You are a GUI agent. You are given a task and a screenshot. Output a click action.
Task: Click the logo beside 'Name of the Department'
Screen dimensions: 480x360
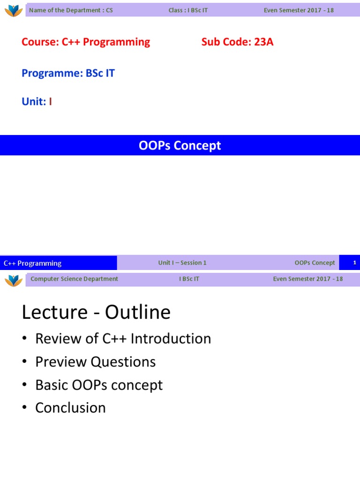tap(14, 10)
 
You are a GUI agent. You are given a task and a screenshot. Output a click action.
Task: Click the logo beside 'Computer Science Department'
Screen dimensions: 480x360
tap(14, 280)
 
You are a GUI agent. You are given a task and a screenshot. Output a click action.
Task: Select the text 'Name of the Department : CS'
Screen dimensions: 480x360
tap(71, 10)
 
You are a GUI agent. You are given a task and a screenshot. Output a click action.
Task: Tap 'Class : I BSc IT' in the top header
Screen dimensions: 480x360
tap(188, 10)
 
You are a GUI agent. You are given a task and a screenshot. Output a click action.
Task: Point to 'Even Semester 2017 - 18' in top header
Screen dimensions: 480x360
tap(299, 10)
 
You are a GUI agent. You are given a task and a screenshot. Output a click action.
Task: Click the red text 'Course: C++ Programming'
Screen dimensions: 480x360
tap(86, 42)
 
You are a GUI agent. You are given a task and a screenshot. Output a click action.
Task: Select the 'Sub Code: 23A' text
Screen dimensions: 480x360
tap(237, 42)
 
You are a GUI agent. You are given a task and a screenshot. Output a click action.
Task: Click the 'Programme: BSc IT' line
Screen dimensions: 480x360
tap(68, 73)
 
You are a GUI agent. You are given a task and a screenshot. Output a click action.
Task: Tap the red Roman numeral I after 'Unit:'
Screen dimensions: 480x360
tap(50, 102)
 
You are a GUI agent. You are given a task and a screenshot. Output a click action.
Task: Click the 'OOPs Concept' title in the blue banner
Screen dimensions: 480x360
tap(180, 146)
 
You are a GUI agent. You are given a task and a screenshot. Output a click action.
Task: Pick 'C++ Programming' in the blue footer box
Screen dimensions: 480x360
tap(33, 263)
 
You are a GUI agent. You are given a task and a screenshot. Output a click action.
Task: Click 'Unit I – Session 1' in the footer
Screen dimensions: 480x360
tap(182, 263)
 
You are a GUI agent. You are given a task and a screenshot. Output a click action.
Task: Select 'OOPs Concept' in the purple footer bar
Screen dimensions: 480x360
tap(315, 263)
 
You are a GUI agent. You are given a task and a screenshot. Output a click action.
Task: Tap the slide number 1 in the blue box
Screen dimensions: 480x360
tap(355, 263)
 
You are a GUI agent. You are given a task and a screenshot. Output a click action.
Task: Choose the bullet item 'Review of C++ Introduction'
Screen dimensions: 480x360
tap(123, 339)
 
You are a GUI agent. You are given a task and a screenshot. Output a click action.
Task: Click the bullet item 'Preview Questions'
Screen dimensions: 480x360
tap(95, 362)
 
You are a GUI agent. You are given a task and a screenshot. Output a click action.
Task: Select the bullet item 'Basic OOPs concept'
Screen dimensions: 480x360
tap(99, 385)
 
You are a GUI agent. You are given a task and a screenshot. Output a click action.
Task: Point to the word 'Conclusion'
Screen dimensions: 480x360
tap(70, 408)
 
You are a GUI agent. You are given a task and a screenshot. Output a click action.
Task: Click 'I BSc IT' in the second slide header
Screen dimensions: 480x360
tap(189, 279)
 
